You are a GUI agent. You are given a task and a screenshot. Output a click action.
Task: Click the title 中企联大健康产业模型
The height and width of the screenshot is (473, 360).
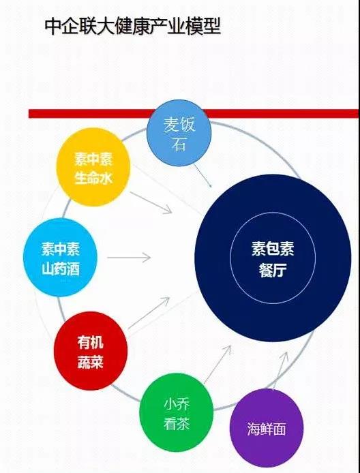pos(133,27)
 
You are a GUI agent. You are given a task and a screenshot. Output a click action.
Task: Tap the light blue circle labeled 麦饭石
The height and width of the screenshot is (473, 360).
pos(179,133)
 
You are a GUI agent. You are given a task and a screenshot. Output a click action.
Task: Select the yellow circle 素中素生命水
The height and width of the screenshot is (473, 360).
pos(93,167)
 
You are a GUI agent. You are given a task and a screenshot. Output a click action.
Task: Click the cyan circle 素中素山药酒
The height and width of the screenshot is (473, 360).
pos(61,258)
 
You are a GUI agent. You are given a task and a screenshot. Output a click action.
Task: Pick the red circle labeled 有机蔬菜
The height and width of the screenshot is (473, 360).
pos(91,351)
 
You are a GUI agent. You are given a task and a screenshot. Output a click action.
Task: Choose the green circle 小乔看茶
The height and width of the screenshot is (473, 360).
pos(177,412)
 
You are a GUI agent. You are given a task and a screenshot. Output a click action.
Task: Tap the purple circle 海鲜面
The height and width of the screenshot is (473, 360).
pos(267,428)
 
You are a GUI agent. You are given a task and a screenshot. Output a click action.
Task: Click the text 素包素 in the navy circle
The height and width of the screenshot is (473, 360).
pos(273,249)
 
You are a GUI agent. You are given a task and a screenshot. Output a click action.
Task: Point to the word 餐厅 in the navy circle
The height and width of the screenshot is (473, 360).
pos(273,271)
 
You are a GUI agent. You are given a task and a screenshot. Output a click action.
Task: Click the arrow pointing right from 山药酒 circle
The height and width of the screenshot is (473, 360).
pos(129,258)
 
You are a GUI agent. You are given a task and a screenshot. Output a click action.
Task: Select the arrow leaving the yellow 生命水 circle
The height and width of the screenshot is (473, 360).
pos(151,202)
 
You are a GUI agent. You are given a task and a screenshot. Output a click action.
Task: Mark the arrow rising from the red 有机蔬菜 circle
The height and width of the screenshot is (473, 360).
pos(149,313)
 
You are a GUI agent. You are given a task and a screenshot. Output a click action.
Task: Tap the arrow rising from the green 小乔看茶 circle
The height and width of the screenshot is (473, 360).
pos(217,365)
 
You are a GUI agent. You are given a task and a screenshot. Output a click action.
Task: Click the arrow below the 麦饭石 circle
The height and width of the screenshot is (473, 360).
pos(202,176)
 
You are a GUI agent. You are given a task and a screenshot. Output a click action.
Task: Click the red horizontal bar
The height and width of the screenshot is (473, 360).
pos(194,114)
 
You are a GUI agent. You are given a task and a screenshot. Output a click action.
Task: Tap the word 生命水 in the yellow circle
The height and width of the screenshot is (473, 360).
pos(93,178)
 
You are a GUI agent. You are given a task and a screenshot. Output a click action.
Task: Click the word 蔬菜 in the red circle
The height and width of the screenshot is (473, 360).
pos(91,362)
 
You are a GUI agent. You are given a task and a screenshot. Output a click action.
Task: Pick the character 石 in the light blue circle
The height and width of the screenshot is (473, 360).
pos(179,144)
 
